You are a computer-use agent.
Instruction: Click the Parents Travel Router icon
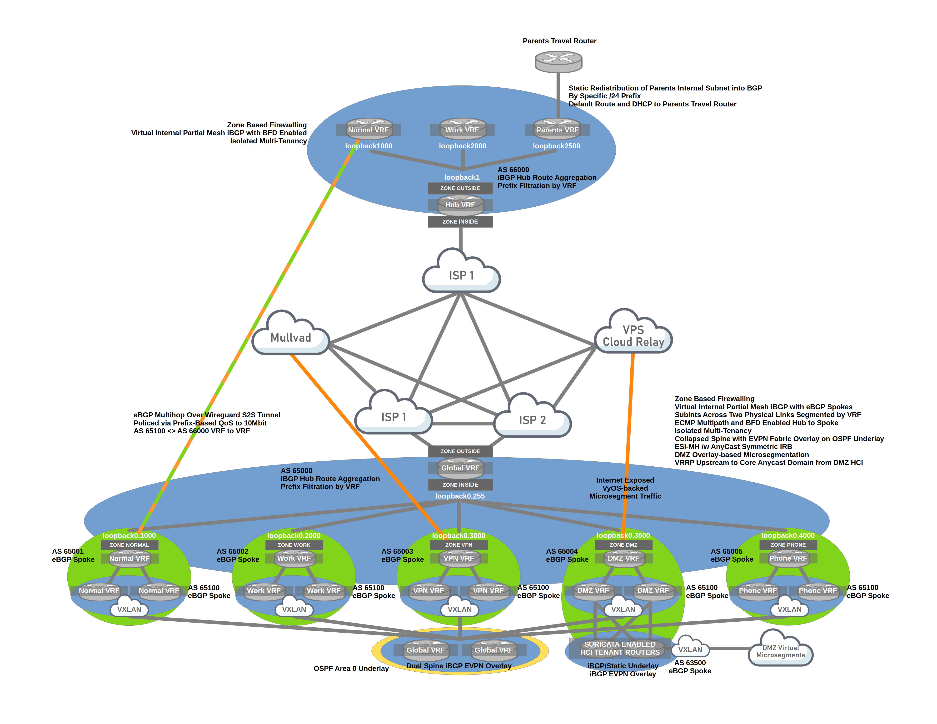(558, 61)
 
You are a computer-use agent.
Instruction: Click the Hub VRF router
(460, 205)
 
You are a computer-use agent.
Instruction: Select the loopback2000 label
(463, 146)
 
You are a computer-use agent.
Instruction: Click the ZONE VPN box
(459, 545)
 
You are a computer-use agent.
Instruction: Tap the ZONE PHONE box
(788, 545)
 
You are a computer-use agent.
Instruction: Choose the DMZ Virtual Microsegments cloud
(780, 651)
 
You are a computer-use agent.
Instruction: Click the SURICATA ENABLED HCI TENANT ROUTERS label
(620, 648)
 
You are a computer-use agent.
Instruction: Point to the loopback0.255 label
(460, 496)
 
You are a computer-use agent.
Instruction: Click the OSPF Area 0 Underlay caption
(351, 668)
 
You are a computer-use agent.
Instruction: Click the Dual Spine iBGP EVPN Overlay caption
(459, 666)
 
